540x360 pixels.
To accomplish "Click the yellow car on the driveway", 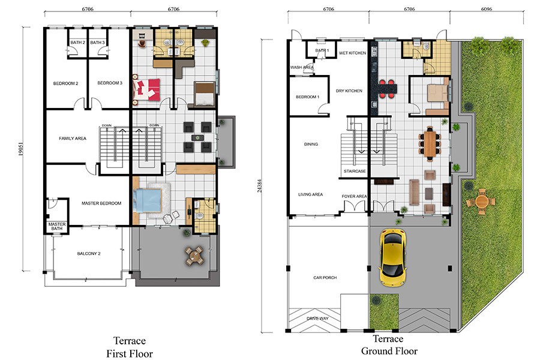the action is point(392,257).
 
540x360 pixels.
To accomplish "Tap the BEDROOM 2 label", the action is point(65,83).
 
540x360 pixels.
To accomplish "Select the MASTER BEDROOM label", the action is point(101,203).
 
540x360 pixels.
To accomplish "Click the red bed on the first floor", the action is point(147,90).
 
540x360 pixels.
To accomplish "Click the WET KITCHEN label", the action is point(352,53).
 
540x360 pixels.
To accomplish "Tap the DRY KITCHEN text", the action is point(349,91).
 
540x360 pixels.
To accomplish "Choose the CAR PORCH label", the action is point(325,278).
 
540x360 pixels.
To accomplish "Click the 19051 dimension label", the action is point(20,149).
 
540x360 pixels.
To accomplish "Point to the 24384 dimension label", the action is point(259,185).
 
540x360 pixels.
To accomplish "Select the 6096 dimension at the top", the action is point(487,9).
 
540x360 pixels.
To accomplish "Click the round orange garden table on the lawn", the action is point(481,202).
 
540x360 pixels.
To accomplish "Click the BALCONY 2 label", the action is point(89,254).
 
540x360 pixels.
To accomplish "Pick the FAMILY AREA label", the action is point(73,139).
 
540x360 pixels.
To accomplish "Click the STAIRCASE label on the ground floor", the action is point(355,171).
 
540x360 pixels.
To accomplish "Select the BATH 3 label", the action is point(97,43).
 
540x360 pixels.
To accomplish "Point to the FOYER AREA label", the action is point(354,196).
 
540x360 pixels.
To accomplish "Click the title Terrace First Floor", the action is point(130,347).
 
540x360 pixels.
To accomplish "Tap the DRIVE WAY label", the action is point(317,319).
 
